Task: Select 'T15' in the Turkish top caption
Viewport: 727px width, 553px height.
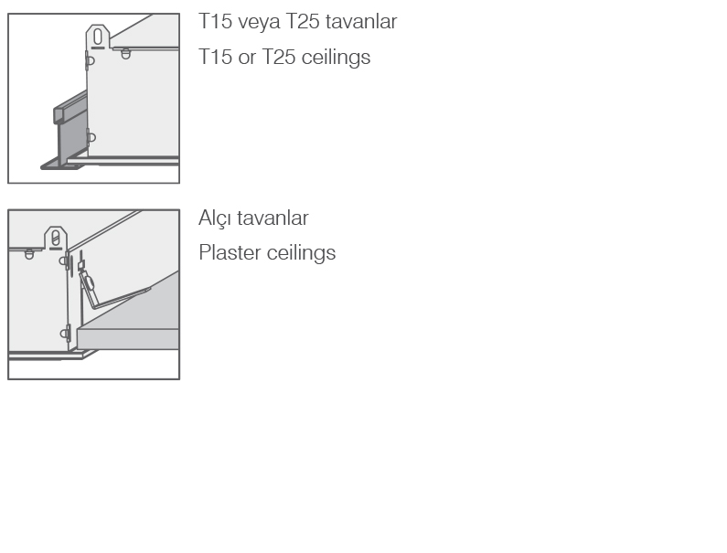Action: pos(215,21)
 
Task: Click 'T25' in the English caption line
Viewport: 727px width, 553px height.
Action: pos(279,57)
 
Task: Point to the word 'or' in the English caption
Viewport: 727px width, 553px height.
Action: pos(247,58)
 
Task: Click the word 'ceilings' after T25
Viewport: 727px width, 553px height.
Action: pos(336,57)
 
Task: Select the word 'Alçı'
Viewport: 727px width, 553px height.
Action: pos(215,218)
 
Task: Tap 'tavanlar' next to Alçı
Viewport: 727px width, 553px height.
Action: pos(273,218)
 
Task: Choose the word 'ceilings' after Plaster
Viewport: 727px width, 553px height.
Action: pos(302,253)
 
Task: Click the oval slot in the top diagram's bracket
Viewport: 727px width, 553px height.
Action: pos(97,37)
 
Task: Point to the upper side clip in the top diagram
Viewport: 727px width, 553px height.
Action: pos(90,60)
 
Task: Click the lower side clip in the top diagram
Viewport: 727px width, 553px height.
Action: pos(91,138)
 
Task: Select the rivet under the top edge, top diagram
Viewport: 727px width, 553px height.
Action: pos(125,54)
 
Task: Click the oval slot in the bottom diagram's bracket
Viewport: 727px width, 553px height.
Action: pos(56,239)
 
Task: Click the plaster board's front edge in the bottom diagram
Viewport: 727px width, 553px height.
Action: pos(128,339)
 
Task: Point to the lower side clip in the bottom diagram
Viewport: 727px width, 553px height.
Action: pos(65,334)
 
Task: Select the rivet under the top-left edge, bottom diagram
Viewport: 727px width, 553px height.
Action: pos(29,254)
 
